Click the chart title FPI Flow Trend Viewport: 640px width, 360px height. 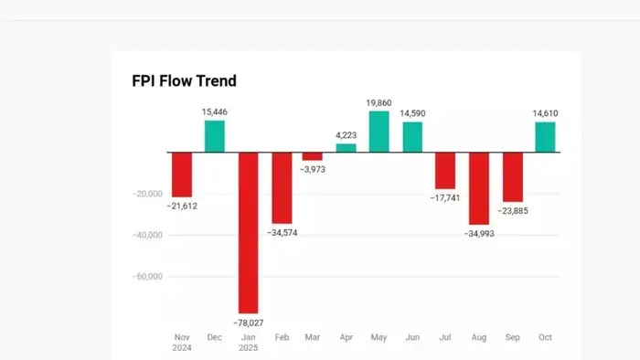click(184, 81)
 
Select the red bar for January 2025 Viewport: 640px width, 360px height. click(248, 232)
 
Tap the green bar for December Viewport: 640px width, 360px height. click(215, 136)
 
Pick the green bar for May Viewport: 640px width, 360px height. click(379, 132)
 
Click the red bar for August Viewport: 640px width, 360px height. click(478, 188)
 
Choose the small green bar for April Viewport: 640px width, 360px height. click(347, 147)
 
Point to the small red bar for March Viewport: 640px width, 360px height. click(313, 156)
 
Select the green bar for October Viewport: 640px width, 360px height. click(545, 137)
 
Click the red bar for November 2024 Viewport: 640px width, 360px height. click(182, 175)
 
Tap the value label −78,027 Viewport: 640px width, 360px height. click(248, 323)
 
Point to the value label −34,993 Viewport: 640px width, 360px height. click(478, 234)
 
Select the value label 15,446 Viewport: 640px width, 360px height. click(215, 111)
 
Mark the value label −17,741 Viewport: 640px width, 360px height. click(445, 197)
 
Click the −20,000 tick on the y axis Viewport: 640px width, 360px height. click(147, 194)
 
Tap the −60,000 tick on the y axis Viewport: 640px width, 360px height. click(147, 276)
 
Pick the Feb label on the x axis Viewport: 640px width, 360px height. click(281, 337)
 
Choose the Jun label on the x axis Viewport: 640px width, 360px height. click(412, 337)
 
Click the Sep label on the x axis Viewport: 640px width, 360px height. click(512, 337)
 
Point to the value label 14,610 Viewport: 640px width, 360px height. click(545, 113)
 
